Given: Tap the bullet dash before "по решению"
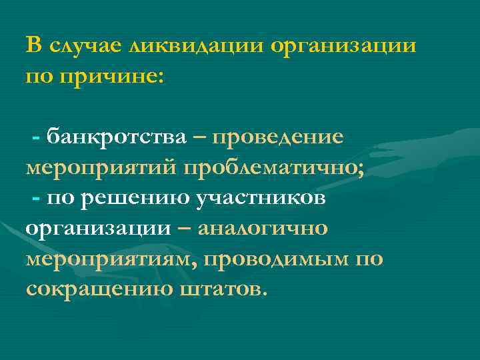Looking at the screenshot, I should pyautogui.click(x=36, y=199).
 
